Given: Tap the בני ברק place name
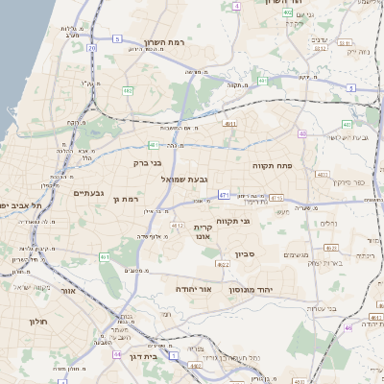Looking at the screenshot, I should (x=148, y=163).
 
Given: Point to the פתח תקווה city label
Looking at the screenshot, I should (x=273, y=165).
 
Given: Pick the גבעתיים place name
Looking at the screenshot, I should (x=88, y=193).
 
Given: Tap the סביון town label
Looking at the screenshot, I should (x=244, y=254).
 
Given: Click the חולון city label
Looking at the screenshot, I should (x=38, y=322).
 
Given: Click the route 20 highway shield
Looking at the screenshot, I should (x=92, y=47).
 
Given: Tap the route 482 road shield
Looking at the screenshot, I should (x=128, y=90).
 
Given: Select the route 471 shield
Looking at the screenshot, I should (x=223, y=195).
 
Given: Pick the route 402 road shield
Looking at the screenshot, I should (x=288, y=12).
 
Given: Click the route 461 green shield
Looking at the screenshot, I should (x=105, y=257).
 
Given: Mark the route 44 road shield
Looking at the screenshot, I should (x=174, y=355).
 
